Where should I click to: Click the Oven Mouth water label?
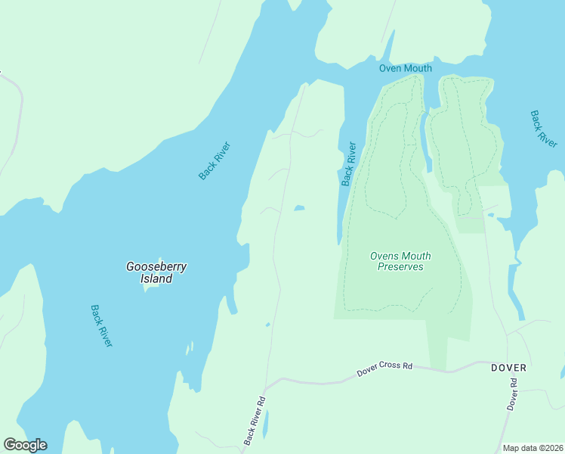(405, 68)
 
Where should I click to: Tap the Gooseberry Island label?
(156, 272)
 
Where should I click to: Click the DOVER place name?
(508, 368)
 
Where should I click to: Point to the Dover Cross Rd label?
(384, 368)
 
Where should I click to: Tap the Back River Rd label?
(255, 421)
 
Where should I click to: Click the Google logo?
(25, 445)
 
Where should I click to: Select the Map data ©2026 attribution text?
(533, 448)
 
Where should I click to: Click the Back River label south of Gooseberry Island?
(101, 325)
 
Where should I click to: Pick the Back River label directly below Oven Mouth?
(348, 163)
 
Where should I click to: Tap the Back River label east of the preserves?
(543, 129)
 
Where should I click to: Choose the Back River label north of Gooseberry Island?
(214, 161)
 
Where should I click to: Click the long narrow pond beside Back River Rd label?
(265, 424)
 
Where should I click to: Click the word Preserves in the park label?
(400, 267)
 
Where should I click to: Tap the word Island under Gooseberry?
(156, 278)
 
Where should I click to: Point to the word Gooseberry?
(156, 266)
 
